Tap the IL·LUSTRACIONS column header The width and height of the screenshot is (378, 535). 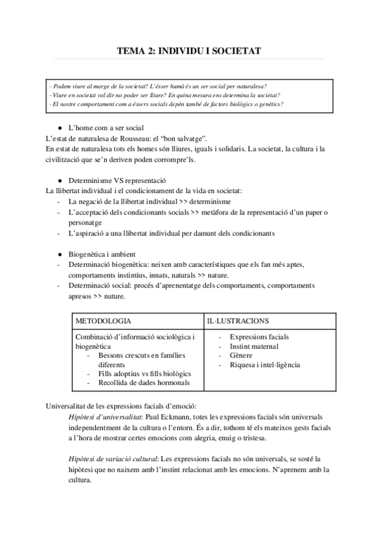(238, 321)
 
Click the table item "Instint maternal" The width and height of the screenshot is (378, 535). (254, 346)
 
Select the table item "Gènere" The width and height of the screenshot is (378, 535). (242, 356)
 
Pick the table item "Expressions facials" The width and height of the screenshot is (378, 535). (259, 337)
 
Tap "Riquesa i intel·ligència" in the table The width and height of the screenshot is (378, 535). (265, 365)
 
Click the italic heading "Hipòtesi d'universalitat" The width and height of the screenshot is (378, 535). (105, 417)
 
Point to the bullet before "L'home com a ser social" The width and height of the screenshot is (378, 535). (59, 127)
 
